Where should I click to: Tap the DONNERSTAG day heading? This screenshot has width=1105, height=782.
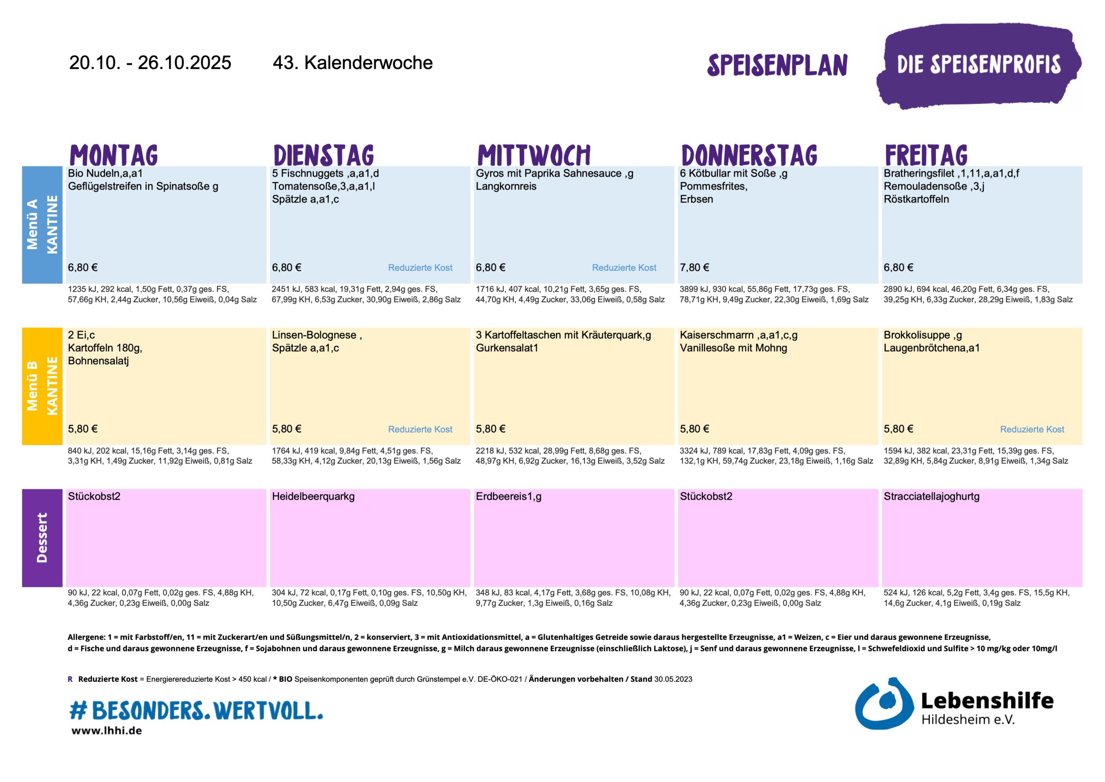coord(749,155)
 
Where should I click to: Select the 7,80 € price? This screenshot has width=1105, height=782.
coord(694,267)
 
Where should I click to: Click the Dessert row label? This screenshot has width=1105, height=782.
coord(42,538)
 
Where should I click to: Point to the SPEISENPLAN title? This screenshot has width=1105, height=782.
coord(777,65)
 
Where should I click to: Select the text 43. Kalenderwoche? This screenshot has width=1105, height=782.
coord(352,63)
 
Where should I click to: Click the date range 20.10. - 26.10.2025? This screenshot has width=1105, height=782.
coord(150,63)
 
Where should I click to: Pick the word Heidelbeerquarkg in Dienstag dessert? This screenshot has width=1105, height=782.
coord(313,496)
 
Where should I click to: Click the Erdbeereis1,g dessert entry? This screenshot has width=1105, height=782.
coord(508,496)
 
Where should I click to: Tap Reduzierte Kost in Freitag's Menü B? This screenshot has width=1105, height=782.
coord(1032,429)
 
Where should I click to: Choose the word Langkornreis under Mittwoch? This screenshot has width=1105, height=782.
coord(506,187)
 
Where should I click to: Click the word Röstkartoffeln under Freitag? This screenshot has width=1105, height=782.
coord(916,199)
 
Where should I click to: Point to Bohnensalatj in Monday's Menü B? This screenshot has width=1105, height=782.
coord(98,361)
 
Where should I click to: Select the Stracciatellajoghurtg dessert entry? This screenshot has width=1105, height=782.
coord(931,496)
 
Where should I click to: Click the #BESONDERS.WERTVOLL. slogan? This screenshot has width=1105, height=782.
coord(196,711)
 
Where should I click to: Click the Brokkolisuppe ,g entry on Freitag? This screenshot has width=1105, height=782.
coord(922,335)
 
